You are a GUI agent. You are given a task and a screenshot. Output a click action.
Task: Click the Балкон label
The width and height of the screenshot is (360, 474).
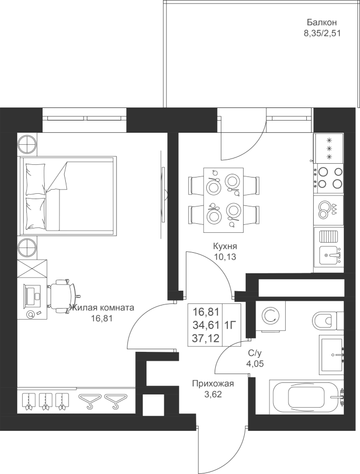(x=322, y=22)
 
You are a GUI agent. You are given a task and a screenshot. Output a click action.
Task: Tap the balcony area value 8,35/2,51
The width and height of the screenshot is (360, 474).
(x=322, y=33)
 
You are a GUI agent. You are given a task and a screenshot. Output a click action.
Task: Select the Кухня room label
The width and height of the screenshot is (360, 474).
(x=225, y=246)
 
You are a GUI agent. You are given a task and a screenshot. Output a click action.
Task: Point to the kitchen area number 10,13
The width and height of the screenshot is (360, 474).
(x=225, y=257)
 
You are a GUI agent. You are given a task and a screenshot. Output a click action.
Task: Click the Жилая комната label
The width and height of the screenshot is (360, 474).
(x=102, y=308)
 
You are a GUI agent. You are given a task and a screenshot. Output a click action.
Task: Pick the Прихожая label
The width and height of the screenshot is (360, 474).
(x=213, y=384)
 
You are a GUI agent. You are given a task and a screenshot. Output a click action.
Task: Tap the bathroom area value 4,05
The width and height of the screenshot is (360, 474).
(x=255, y=363)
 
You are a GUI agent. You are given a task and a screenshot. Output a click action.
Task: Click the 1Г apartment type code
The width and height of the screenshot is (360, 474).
(x=230, y=325)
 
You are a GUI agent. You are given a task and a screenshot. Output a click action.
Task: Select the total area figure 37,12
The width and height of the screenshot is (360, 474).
(x=206, y=338)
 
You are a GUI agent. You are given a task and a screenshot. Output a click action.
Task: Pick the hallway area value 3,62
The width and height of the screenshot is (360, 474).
(x=213, y=394)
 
